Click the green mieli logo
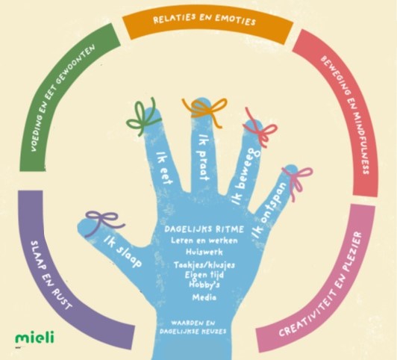tap(34, 337)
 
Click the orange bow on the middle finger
tap(205, 111)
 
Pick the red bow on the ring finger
tap(261, 130)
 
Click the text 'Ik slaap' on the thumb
tap(123, 252)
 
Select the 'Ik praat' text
tap(204, 158)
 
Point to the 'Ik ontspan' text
tap(269, 211)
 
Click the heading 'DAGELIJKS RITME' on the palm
tap(204, 229)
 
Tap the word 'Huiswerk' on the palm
tap(204, 252)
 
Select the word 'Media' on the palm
tap(204, 297)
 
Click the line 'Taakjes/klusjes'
tap(204, 265)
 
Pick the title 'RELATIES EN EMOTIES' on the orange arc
tap(204, 20)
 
